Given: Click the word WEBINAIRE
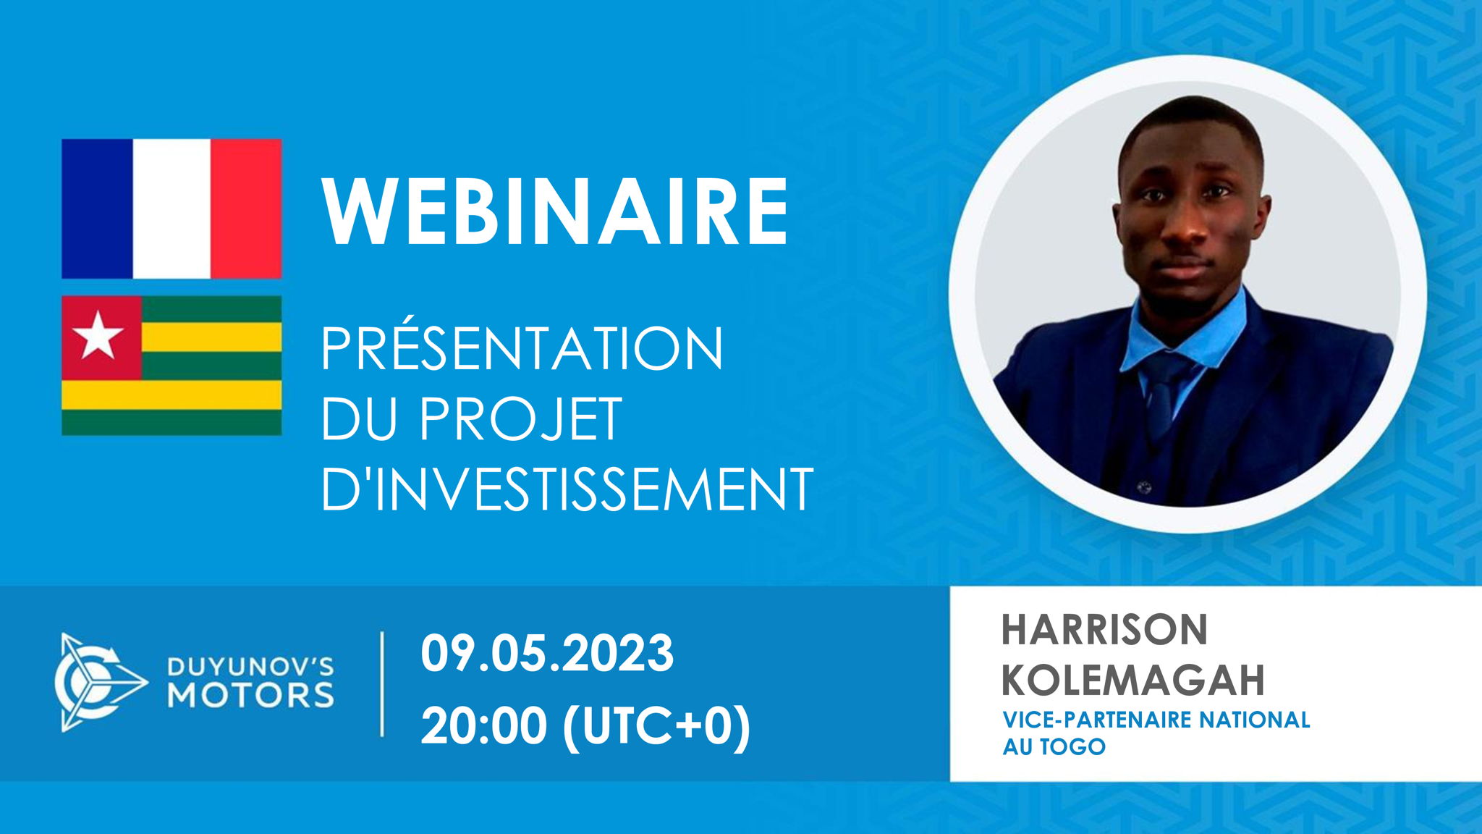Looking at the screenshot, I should (555, 213).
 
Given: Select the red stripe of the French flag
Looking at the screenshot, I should (246, 208).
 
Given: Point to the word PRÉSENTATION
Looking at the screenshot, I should (522, 349).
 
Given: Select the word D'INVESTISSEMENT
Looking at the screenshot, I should (567, 489).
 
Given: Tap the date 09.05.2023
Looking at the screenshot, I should (547, 653).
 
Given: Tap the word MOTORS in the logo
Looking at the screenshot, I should (251, 695).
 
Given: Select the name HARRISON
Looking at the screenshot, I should (1104, 629).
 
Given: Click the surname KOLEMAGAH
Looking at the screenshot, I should (1133, 679).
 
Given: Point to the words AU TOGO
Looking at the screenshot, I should (1054, 746).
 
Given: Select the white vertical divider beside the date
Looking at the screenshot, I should (382, 683).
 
